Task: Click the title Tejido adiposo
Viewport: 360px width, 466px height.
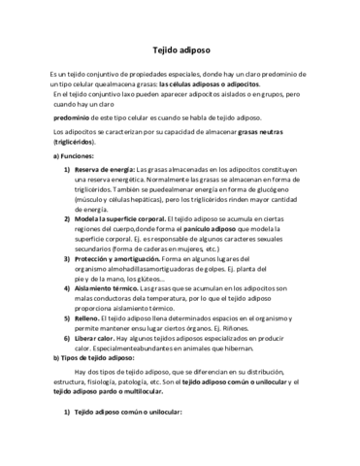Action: tap(180, 48)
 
